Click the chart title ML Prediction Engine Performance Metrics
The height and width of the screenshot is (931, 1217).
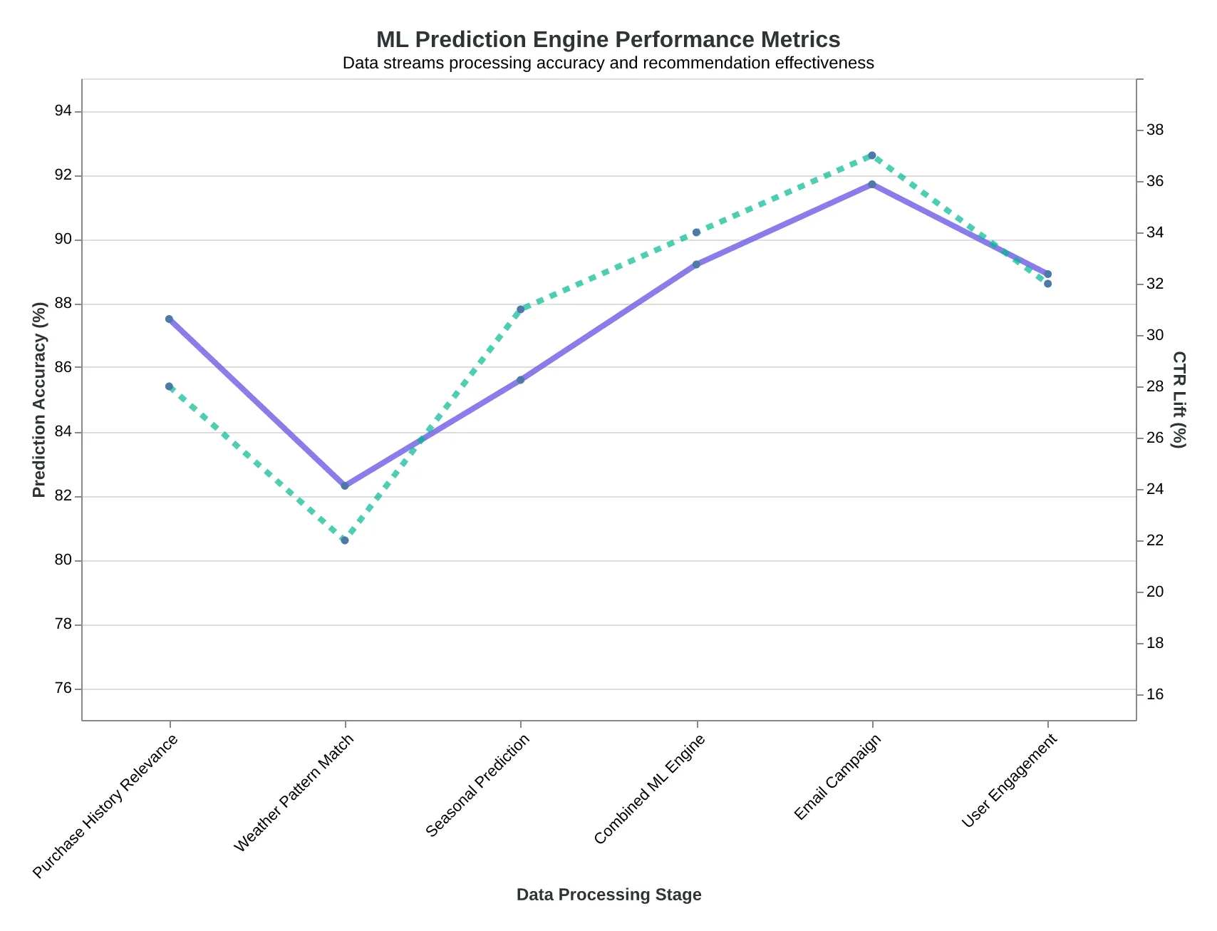[608, 39]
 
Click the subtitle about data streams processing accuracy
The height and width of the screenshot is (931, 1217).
[608, 63]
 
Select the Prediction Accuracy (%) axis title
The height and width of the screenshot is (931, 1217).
[40, 400]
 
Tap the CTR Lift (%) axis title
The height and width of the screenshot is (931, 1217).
[1179, 400]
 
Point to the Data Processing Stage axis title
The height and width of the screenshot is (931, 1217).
[608, 895]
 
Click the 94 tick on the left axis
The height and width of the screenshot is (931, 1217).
[63, 111]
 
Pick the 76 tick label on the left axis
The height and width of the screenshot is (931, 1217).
[63, 689]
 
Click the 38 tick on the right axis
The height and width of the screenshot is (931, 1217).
[1155, 130]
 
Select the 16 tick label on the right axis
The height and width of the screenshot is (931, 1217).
[1155, 694]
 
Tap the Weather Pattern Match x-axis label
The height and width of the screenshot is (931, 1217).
[294, 793]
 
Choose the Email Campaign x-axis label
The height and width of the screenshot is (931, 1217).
[837, 777]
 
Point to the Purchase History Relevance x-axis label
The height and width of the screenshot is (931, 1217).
[105, 806]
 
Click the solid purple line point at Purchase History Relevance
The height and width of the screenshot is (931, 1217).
[169, 319]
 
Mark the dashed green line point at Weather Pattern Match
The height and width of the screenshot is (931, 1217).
[345, 540]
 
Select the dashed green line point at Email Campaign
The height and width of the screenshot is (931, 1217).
[871, 155]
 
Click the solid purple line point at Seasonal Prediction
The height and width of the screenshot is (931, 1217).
[520, 380]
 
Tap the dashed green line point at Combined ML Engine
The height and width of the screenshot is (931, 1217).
[696, 232]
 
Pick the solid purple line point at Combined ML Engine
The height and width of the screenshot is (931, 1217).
[696, 264]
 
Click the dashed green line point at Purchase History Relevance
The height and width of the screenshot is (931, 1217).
[169, 386]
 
